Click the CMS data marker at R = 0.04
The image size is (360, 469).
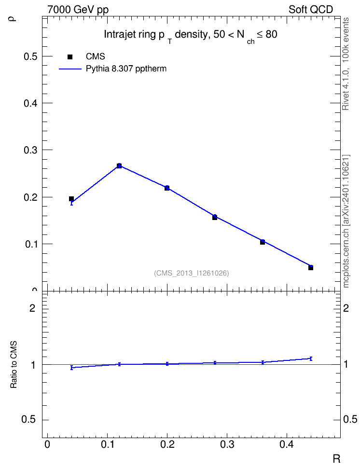[71, 199]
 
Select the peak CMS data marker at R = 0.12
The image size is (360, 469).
[119, 166]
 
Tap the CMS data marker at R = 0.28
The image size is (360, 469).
[215, 218]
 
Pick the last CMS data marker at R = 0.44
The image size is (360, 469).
[311, 268]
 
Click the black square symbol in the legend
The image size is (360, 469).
[70, 57]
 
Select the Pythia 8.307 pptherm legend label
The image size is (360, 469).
[126, 69]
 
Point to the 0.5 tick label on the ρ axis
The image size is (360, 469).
[30, 56]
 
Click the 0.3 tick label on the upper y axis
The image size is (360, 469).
[30, 150]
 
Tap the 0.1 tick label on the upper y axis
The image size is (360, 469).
[30, 244]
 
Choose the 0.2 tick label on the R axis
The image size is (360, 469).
[167, 444]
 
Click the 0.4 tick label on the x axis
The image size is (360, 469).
[287, 444]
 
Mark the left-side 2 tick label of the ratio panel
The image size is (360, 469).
[32, 308]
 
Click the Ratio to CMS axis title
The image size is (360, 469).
[14, 365]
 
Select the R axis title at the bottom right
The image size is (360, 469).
[336, 458]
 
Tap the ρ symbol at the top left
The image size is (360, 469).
[13, 19]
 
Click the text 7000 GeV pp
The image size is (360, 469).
[78, 10]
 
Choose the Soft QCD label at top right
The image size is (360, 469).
[311, 10]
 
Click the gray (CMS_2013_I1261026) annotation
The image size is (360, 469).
[192, 273]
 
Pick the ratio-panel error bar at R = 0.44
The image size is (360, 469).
[311, 359]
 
